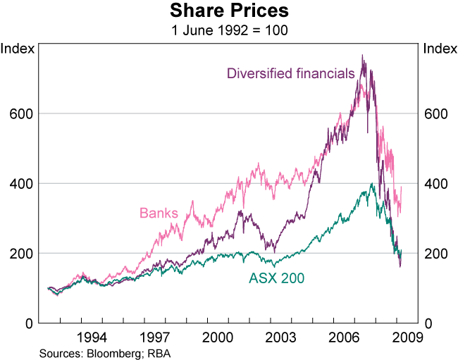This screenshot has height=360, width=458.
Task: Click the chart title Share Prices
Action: pos(229,12)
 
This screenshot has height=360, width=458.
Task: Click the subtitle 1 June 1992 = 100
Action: pos(229,30)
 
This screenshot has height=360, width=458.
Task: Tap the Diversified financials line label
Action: pos(290,73)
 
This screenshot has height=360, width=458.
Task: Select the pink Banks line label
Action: pos(159,212)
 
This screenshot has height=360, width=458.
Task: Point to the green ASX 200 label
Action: pos(277,278)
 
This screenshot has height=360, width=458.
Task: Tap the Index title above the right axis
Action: pos(438,49)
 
